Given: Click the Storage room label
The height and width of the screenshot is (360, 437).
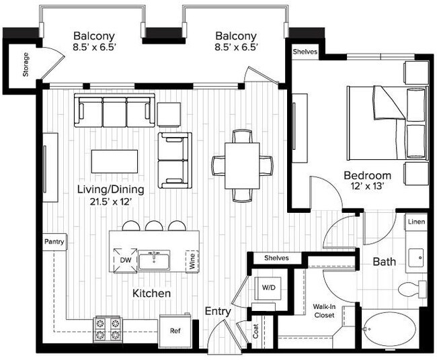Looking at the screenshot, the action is click(26, 64).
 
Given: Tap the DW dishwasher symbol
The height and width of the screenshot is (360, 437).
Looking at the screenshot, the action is click(126, 260).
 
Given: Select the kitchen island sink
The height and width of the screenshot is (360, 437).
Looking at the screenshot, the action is click(154, 260).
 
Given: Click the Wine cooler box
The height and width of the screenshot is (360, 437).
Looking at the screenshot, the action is click(192, 261).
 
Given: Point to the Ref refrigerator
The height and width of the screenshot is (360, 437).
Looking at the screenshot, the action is click(175, 330).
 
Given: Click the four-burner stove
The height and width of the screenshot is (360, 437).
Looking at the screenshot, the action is click(108, 329).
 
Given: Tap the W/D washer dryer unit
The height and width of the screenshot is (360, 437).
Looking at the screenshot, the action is click(268, 288).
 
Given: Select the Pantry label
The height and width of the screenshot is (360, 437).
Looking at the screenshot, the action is click(54, 242).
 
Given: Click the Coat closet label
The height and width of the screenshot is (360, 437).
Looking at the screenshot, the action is click(256, 331).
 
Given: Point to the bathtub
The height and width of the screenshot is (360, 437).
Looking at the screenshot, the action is click(391, 329).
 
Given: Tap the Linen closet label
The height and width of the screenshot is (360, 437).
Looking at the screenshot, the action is click(416, 222).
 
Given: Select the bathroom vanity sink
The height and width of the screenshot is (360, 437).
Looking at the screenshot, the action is click(417, 257).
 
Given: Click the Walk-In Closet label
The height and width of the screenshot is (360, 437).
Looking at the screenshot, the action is click(324, 311).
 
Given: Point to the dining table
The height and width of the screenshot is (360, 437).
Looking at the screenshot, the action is click(242, 166).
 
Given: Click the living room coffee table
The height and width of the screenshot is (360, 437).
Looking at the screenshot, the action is click(114, 161).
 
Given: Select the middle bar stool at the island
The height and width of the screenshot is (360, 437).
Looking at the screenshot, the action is click(154, 226).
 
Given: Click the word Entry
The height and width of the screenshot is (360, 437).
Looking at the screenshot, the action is click(218, 311).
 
